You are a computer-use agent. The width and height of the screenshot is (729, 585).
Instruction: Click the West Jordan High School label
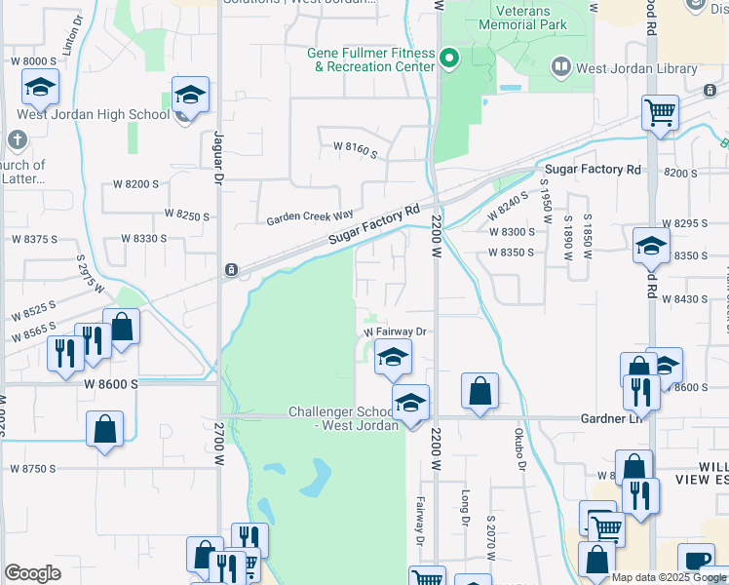[x=93, y=115]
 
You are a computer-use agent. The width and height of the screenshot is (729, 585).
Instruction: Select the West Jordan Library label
[x=636, y=69]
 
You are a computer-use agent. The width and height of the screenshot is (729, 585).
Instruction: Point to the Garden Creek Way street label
[x=310, y=219]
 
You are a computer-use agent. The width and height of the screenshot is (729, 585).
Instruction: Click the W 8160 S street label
[x=355, y=146]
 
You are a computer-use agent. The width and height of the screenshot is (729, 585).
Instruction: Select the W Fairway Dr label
[x=396, y=332]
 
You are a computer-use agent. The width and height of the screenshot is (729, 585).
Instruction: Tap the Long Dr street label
[x=466, y=506]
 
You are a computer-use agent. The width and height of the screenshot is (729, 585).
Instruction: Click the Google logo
[x=32, y=573]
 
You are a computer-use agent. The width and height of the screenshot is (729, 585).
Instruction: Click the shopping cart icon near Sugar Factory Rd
[x=661, y=112]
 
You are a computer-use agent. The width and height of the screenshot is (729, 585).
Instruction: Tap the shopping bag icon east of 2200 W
[x=480, y=391]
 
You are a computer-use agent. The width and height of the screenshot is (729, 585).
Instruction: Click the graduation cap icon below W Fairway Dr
[x=394, y=357]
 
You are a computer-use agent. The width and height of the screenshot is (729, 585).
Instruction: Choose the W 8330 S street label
[x=143, y=238]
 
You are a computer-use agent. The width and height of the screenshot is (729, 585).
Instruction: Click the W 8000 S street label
[x=33, y=60]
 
